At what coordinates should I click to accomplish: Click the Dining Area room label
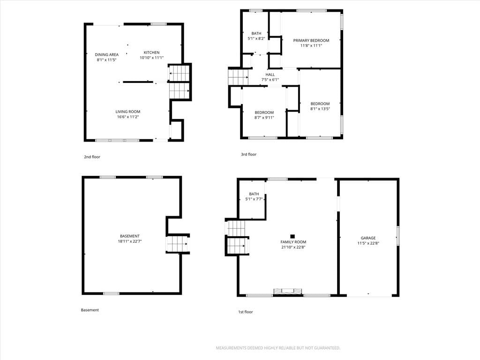106,55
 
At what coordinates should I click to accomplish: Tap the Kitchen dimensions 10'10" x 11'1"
152,58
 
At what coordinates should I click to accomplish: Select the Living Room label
127,112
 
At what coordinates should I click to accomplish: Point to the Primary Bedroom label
311,40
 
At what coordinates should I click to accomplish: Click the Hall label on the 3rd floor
270,75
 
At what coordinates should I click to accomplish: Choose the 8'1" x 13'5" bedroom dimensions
320,109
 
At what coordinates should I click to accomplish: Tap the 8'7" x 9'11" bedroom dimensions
264,118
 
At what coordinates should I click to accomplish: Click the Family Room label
293,242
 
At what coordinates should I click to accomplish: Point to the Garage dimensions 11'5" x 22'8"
368,243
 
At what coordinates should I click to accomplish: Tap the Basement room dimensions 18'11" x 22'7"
130,241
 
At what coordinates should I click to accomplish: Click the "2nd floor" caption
92,157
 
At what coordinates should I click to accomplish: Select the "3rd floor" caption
248,154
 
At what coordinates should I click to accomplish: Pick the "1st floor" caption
246,312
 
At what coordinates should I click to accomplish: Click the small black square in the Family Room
292,236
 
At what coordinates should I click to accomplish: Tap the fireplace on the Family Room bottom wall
288,292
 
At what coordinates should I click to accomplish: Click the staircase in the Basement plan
177,244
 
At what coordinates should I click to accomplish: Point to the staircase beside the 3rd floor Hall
238,77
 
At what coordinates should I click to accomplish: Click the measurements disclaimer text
278,348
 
